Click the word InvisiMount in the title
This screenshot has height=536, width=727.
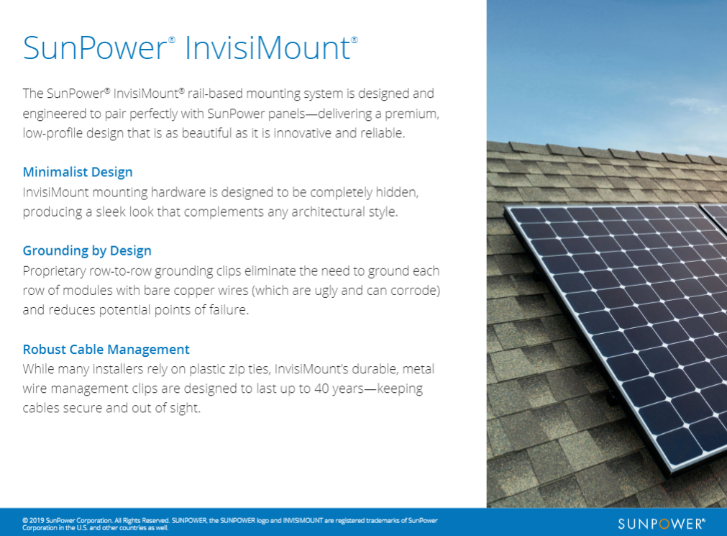268,47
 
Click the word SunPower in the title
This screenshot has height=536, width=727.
95,47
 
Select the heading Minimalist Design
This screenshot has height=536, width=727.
78,172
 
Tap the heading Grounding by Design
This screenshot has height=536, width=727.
87,251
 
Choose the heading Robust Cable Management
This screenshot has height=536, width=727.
106,350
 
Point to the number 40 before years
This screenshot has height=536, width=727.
321,389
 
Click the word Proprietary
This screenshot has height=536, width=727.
54,271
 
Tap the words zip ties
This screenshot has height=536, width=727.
249,369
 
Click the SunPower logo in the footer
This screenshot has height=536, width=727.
661,524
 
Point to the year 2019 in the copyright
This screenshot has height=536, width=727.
37,521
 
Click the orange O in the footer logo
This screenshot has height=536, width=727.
662,524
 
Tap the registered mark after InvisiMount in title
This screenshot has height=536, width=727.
355,40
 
